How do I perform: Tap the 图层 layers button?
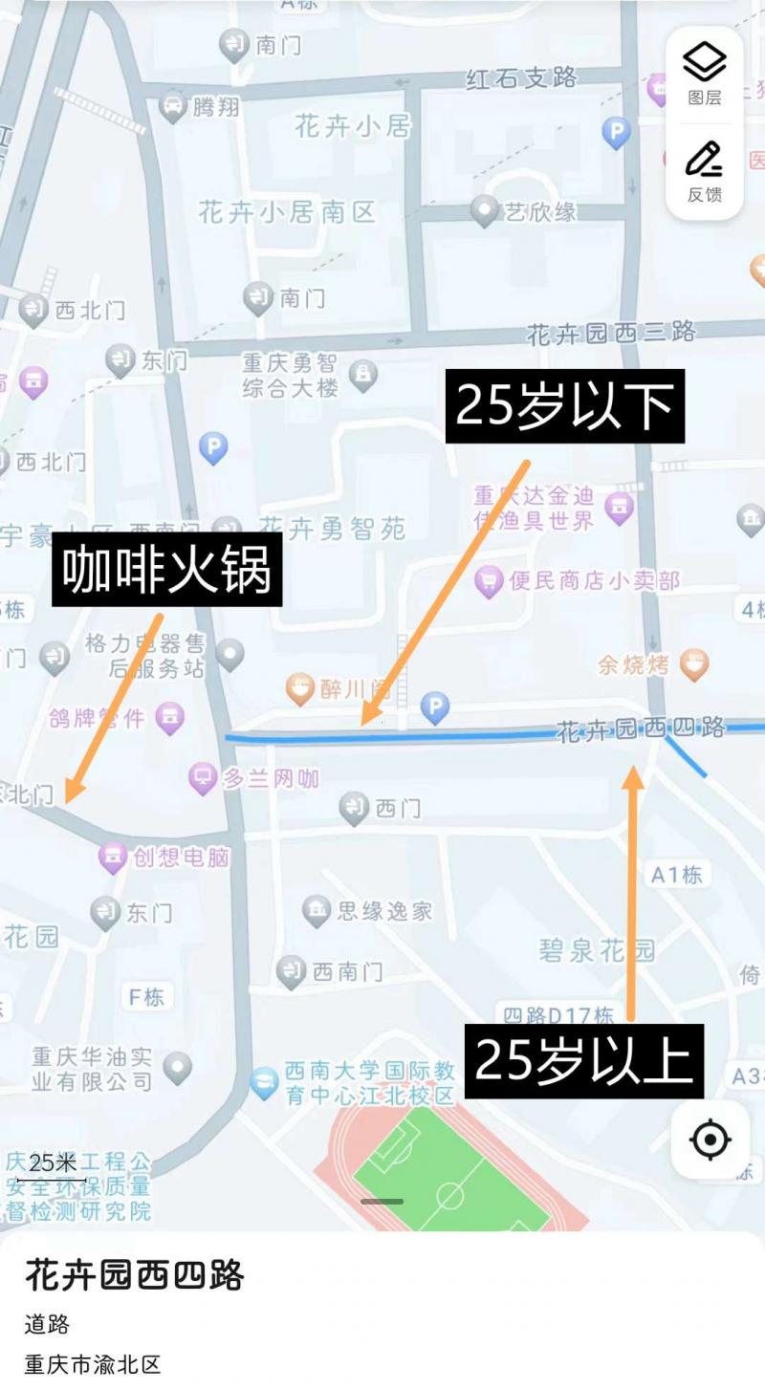click(x=705, y=74)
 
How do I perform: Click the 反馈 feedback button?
click(x=705, y=171)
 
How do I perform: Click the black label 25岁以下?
click(x=565, y=406)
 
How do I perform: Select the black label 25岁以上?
click(x=583, y=1061)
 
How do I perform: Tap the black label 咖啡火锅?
click(x=166, y=570)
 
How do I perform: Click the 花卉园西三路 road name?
click(x=611, y=333)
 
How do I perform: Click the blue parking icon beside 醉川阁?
click(x=435, y=707)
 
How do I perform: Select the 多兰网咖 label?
click(x=271, y=778)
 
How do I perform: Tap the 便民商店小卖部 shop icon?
click(x=489, y=580)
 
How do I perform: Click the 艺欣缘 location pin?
click(x=486, y=210)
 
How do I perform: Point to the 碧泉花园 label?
click(x=597, y=949)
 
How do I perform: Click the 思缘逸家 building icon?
click(x=316, y=910)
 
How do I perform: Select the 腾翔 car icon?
click(x=173, y=106)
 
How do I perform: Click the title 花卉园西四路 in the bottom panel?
click(x=135, y=1275)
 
